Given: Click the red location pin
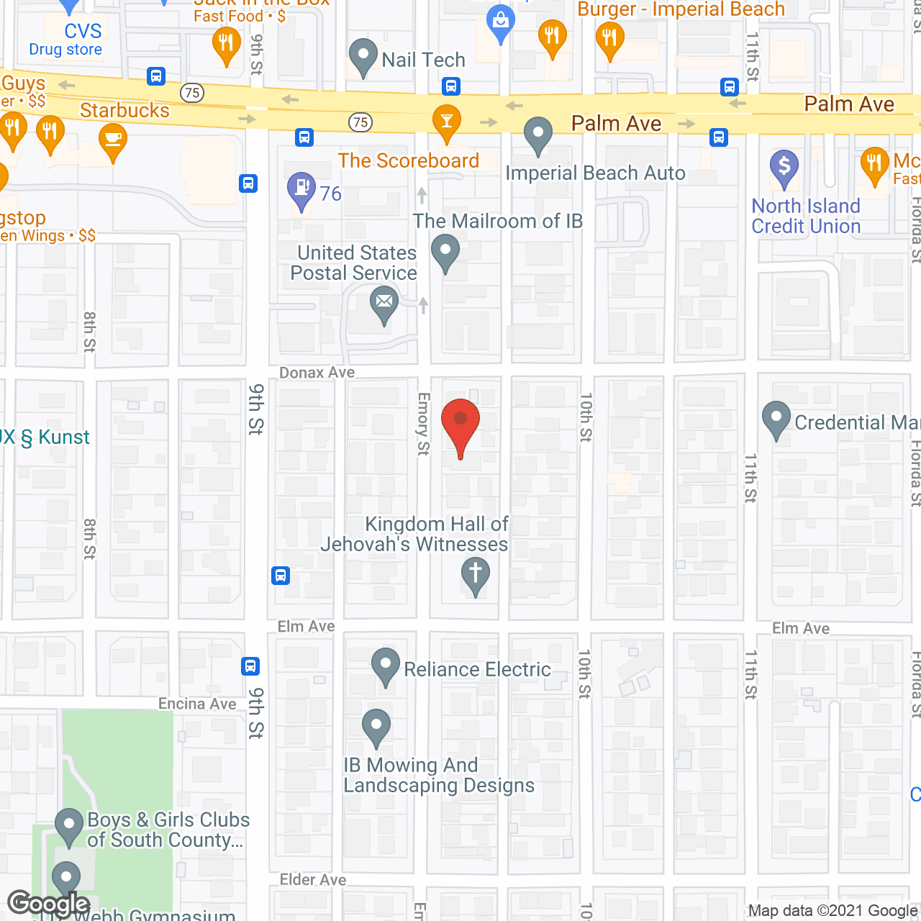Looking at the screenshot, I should coord(460,425).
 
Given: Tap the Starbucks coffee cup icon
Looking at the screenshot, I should coord(113,140).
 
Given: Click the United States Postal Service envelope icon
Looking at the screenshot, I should coord(384,304).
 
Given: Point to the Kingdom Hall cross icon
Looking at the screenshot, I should coord(475,576).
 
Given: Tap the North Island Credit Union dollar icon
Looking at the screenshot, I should coord(784,166).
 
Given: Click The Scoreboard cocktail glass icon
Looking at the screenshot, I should coord(447,121).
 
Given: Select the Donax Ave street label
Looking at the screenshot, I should coord(317,373).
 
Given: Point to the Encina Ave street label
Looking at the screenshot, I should coord(197,704).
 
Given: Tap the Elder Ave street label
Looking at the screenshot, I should coord(313,879).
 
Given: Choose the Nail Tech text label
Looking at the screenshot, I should coord(423,60).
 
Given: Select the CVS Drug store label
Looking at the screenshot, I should coord(66,40).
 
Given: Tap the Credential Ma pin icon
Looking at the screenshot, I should coord(776,419).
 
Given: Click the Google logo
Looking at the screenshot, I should coord(49,904).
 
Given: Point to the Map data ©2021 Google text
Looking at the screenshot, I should coord(832,911).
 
